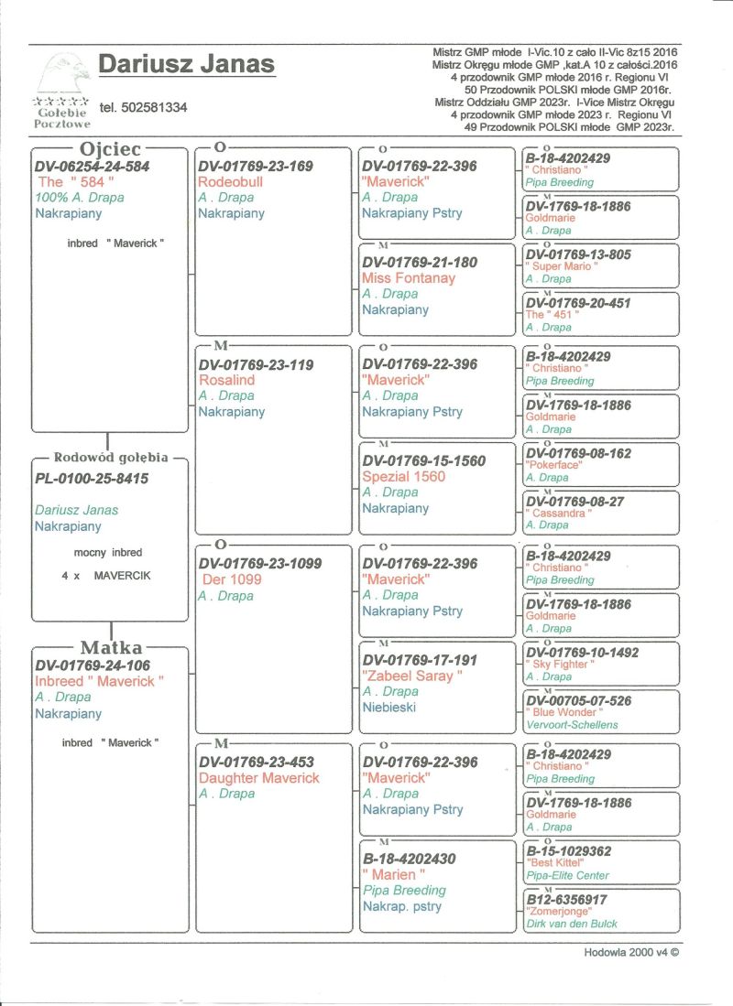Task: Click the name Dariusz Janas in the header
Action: (x=186, y=64)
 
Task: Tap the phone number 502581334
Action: (x=144, y=108)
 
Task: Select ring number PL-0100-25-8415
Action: (x=92, y=479)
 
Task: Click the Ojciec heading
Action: (x=109, y=148)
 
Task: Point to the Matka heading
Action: (x=111, y=648)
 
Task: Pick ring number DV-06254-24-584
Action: (x=92, y=167)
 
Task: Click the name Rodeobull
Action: (x=231, y=182)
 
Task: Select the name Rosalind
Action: (x=226, y=380)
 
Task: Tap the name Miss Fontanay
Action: (x=409, y=278)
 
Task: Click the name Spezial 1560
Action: (x=404, y=477)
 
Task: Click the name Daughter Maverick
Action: (x=259, y=778)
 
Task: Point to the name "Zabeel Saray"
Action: (x=412, y=676)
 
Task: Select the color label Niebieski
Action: (x=393, y=707)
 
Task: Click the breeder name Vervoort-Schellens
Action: (x=572, y=725)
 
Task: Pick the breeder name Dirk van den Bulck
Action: (x=573, y=924)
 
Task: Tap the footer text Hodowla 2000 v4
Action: (x=631, y=952)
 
